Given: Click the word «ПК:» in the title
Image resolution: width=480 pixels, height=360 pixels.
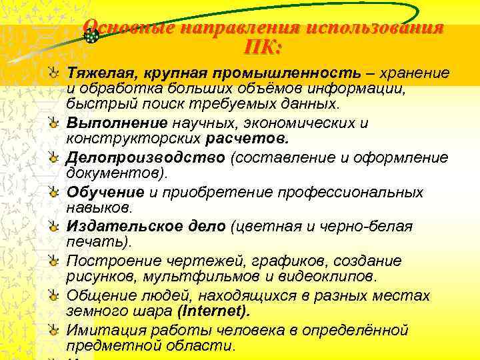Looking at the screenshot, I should point(263,48).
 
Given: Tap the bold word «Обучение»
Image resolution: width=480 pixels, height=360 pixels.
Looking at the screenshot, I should point(105,192).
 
